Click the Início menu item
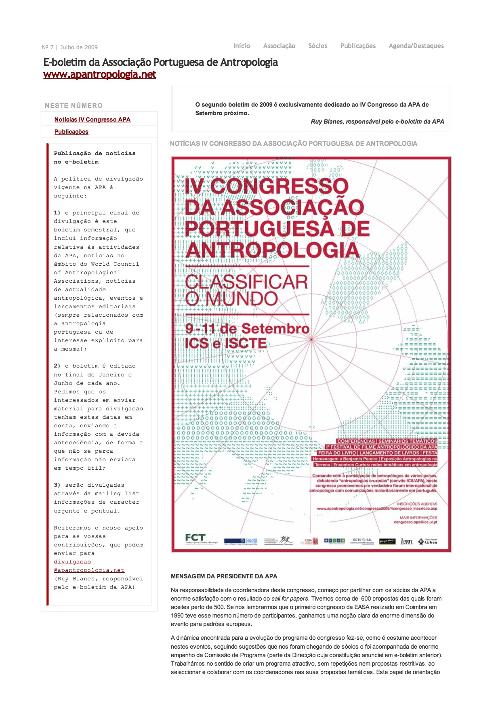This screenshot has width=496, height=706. [242, 46]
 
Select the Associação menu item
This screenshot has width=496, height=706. [279, 46]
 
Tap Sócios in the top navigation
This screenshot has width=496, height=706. [317, 46]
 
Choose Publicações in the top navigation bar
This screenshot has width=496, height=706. [358, 46]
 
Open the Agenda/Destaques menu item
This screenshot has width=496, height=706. [416, 46]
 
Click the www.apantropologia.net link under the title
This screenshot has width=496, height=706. [99, 75]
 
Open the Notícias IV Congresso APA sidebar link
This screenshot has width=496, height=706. [92, 120]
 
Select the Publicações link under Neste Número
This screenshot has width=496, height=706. [71, 132]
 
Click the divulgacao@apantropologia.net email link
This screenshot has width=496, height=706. [89, 566]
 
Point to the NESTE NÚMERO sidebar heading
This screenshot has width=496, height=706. [74, 105]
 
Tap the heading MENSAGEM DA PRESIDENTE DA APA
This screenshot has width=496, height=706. [224, 576]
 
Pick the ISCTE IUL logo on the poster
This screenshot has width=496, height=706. [361, 540]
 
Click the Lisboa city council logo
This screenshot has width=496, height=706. [427, 541]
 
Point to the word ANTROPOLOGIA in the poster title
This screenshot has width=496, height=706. [272, 250]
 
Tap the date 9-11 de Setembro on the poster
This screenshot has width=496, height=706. [247, 329]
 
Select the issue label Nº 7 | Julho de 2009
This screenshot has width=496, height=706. [69, 47]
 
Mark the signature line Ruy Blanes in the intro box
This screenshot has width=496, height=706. [377, 122]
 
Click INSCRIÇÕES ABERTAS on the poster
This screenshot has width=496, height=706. [417, 504]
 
